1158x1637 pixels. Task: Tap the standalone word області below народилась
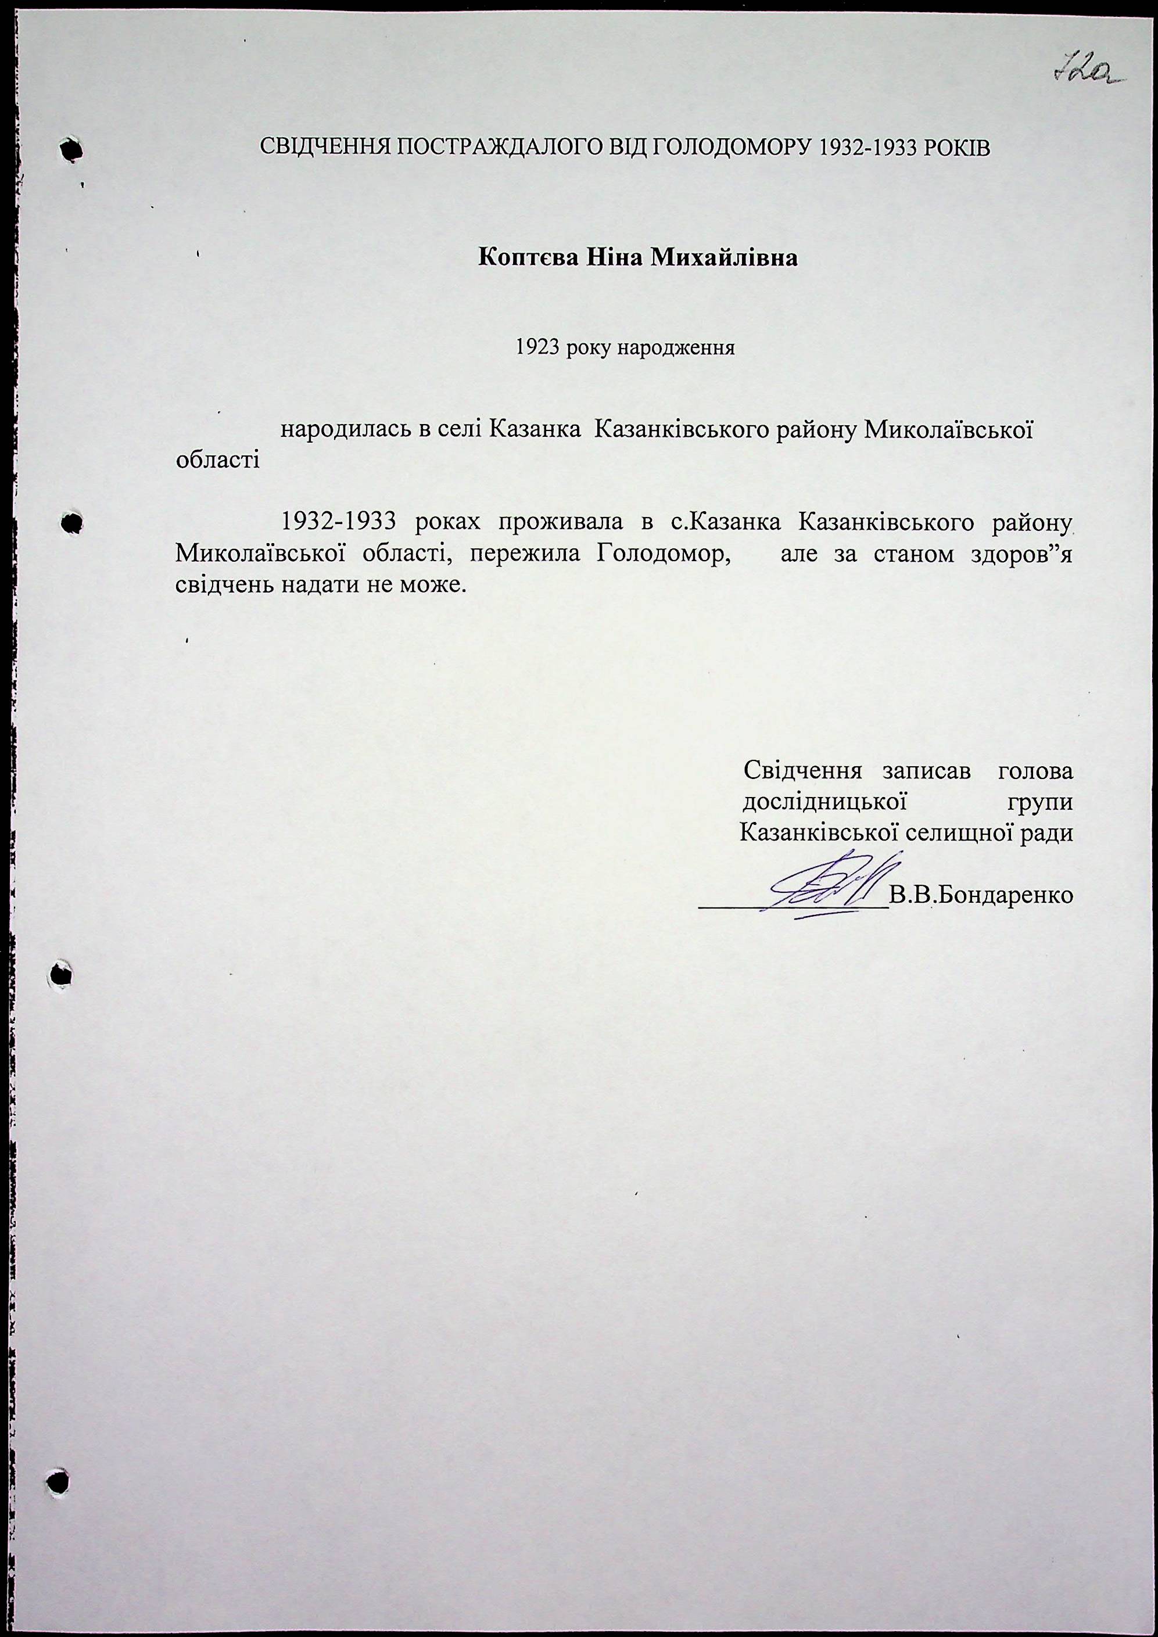point(217,458)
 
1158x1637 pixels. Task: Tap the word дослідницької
point(823,802)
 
